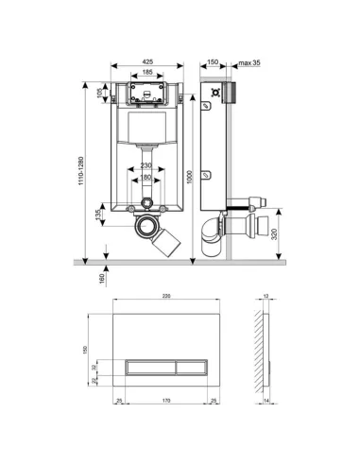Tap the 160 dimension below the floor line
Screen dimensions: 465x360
103,277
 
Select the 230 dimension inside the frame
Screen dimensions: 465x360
146,166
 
